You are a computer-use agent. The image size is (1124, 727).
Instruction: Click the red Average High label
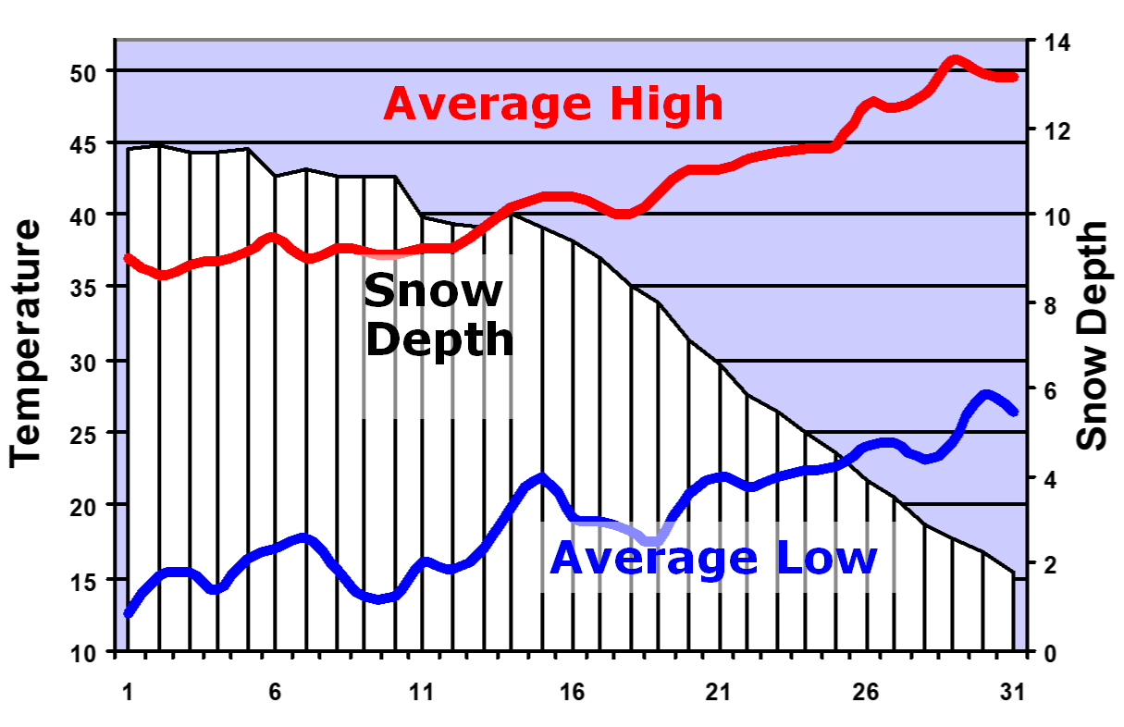pos(552,104)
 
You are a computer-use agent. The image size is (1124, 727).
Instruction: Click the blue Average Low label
pos(713,559)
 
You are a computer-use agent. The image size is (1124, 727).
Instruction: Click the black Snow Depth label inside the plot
pos(438,315)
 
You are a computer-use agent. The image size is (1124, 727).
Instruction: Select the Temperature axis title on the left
pos(27,342)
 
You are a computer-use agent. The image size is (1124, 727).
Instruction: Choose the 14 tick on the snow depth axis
pos(1055,43)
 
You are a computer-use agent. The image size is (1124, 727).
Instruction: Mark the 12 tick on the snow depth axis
pos(1055,129)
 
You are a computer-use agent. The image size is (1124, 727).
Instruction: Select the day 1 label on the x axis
pos(127,691)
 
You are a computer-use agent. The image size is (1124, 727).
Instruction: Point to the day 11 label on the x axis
pos(422,691)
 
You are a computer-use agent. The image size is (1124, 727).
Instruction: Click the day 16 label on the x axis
pos(571,691)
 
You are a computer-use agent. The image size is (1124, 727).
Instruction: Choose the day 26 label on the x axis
pos(867,691)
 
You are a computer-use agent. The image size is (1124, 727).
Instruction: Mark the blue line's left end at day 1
pos(128,613)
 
